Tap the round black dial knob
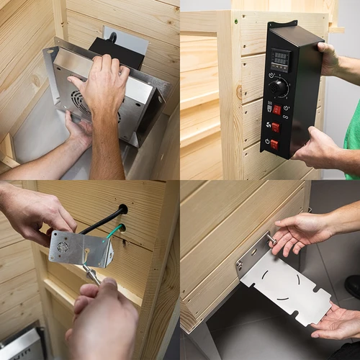pos(279,87)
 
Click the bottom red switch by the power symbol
pos(274,144)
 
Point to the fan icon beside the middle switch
pos(264,125)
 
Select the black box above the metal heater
pos(115,52)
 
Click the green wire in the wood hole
pos(114,231)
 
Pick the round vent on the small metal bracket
pos(63,246)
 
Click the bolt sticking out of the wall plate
pos(271,237)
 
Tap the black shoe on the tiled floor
pos(353,286)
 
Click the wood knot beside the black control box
pos(239,92)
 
